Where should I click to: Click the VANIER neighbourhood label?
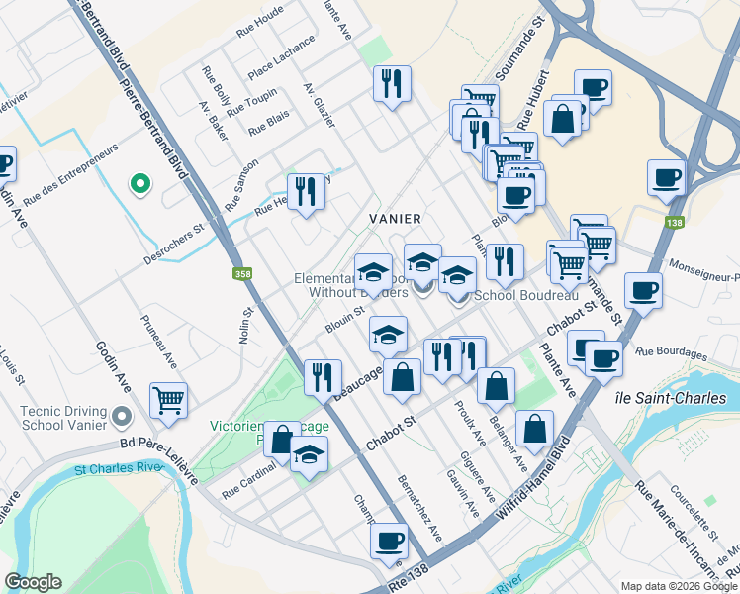[396, 218]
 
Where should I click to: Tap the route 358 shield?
[241, 274]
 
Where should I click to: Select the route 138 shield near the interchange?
[675, 223]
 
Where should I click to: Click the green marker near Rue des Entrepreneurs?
[140, 183]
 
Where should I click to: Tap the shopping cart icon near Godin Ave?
[169, 400]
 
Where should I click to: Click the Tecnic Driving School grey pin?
[123, 414]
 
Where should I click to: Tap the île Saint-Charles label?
[683, 398]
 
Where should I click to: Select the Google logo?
[34, 582]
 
